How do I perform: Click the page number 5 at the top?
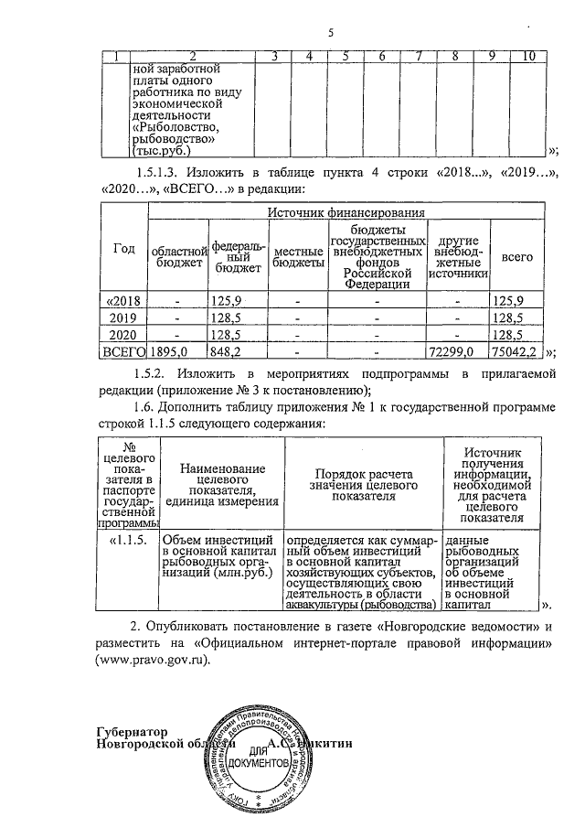tap(331, 34)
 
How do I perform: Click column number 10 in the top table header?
tap(527, 59)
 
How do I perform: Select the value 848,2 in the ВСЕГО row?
tap(225, 350)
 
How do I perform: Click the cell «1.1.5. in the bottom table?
tap(128, 540)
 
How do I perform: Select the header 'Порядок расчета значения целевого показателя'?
tap(363, 482)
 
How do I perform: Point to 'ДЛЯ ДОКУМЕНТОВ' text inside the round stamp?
tap(261, 756)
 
